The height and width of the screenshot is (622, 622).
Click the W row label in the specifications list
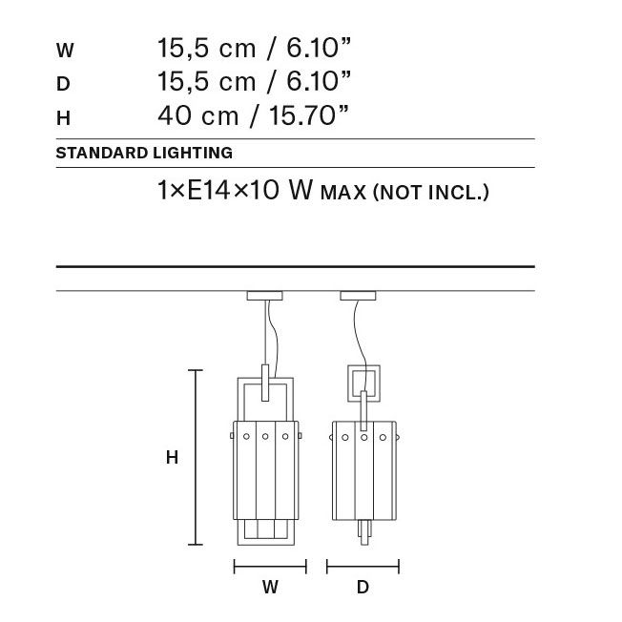pos(65,51)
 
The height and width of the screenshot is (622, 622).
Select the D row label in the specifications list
pos(63,84)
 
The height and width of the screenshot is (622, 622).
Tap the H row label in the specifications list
pos(64,118)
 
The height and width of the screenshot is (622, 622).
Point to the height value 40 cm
pos(197,115)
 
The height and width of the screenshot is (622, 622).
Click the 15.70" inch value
pos(309,115)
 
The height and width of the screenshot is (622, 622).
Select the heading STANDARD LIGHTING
pos(144,154)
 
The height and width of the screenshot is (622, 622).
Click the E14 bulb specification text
pos(208,190)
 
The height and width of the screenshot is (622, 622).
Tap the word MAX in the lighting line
pos(343,194)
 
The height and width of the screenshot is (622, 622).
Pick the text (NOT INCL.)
pos(431,193)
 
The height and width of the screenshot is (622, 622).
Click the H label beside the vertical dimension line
pos(172,457)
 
